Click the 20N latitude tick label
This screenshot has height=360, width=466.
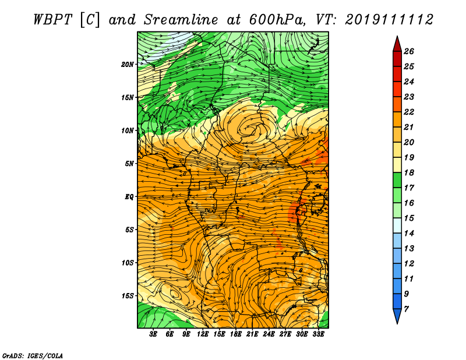128,65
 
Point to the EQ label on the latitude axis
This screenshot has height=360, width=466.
129,197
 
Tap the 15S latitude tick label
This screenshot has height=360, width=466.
128,296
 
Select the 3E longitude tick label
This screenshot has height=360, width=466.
153,334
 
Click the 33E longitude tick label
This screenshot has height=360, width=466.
318,334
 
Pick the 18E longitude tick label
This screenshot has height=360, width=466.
236,334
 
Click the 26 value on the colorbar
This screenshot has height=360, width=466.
409,51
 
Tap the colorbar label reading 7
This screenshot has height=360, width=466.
406,309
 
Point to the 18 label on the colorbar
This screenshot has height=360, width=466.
409,172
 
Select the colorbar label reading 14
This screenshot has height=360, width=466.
409,234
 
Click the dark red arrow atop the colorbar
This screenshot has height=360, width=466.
397,44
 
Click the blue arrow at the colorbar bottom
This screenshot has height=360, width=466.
397,316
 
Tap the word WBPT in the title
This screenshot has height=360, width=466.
52,20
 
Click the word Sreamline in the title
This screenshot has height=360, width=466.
181,20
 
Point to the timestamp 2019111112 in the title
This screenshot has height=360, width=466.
389,20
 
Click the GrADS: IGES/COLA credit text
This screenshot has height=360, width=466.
33,356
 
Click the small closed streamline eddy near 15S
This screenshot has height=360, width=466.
175,294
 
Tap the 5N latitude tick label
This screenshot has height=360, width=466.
129,164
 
